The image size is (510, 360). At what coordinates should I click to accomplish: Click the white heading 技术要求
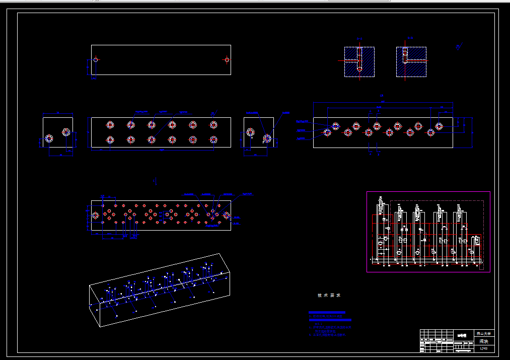329,296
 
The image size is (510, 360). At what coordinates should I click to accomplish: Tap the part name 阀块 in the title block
484,341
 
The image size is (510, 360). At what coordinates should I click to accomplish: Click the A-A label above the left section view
359,39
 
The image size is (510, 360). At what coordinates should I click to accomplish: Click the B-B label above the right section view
410,38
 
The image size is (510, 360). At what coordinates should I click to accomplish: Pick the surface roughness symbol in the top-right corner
459,47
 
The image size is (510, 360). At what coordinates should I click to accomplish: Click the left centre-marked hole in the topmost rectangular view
95,60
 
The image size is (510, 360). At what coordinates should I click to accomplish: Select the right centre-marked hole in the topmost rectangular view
227,60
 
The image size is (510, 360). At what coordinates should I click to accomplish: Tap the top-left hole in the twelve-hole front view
110,125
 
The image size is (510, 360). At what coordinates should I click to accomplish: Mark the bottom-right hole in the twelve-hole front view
213,139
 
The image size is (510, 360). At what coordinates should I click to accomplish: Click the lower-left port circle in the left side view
49,139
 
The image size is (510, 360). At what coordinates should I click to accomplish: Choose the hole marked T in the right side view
250,133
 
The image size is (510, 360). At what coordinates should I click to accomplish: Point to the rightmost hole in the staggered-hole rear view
439,126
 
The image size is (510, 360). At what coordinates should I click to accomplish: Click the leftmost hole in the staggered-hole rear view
328,132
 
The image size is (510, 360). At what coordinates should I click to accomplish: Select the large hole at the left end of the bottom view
95,215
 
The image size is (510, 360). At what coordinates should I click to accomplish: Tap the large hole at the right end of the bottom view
227,215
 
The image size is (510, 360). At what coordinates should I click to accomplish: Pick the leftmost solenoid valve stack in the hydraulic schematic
381,227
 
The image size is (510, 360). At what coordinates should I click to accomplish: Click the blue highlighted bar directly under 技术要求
327,313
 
